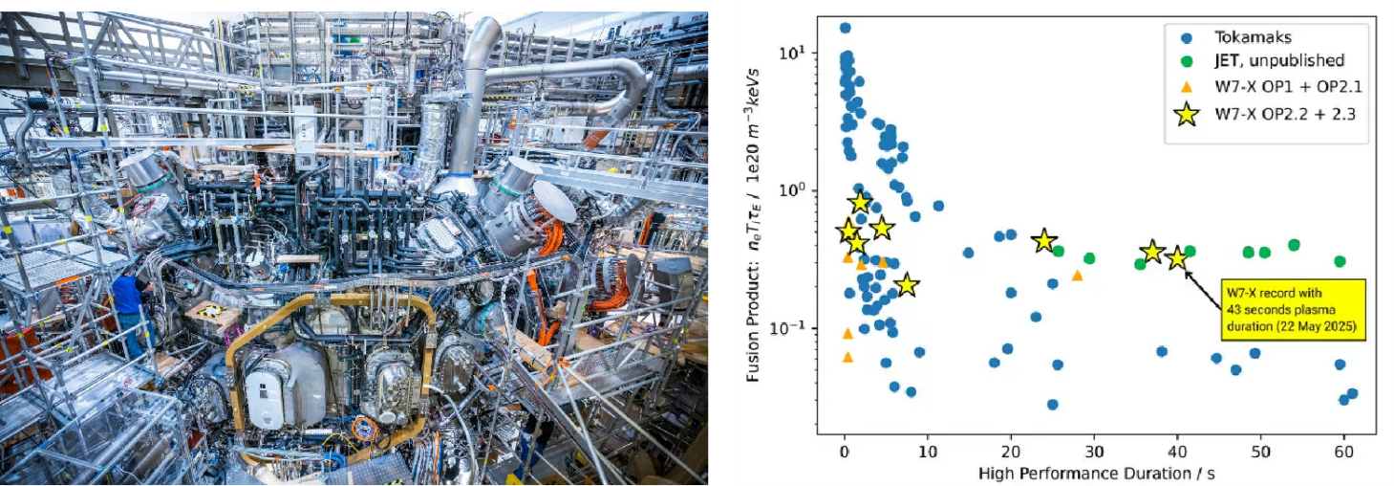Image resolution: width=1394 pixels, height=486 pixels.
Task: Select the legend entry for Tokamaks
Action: [1248, 37]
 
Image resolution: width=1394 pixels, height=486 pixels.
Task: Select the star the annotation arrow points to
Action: [1177, 259]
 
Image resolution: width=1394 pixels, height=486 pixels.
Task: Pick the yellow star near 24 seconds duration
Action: [1044, 241]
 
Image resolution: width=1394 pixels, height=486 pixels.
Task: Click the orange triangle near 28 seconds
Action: [1077, 276]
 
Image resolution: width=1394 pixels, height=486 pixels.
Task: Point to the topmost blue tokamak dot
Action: [845, 28]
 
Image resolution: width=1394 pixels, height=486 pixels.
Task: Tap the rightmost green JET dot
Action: [1340, 261]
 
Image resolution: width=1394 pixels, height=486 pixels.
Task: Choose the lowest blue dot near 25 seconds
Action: [1052, 405]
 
